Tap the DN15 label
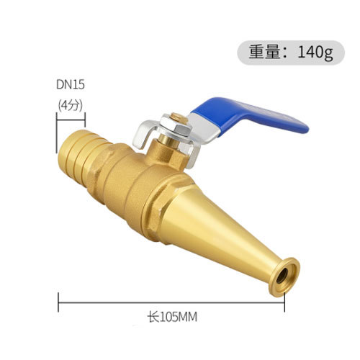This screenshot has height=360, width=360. coord(71,85)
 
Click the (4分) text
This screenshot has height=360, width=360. coord(71,105)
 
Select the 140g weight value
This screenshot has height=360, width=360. coord(315,53)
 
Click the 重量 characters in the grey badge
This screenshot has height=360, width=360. coord(264,53)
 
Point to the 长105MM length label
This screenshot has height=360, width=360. coord(172,317)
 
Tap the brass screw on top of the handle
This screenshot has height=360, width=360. coord(179,118)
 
